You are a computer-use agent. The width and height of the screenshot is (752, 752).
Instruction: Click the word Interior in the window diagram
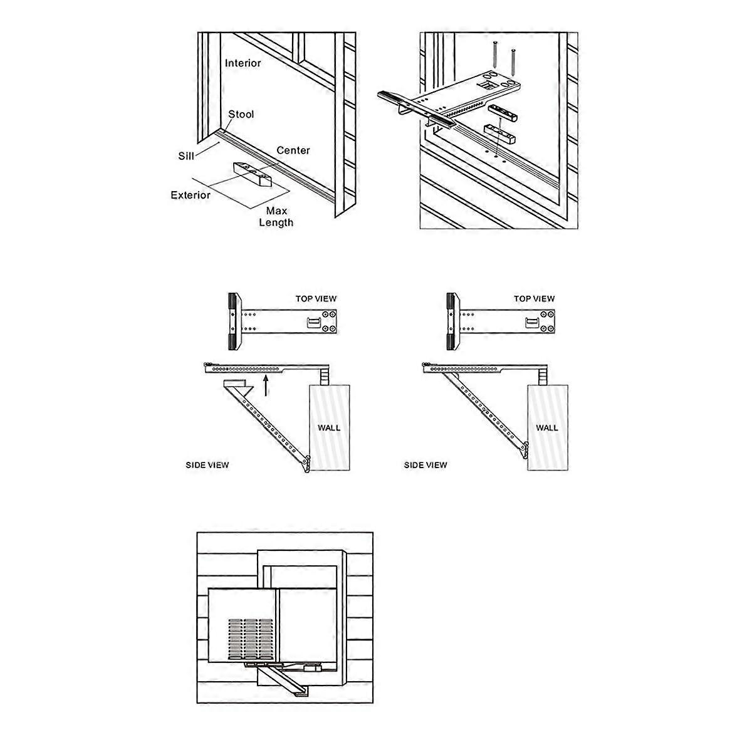click(243, 63)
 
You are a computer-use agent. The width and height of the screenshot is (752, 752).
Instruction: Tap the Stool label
click(241, 114)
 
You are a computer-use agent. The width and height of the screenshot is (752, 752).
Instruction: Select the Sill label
click(186, 155)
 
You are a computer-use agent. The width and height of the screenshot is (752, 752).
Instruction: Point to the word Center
click(293, 150)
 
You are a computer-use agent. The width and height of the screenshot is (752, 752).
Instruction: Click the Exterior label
click(191, 195)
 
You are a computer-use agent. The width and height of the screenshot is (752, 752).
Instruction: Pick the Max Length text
click(276, 217)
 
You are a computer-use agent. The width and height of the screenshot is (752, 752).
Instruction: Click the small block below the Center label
click(253, 175)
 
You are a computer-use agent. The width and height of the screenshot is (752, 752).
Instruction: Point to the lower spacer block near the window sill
click(499, 133)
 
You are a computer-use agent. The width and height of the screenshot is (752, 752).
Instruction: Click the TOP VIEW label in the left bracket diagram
click(316, 299)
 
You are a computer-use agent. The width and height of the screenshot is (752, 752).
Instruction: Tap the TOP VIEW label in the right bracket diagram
click(534, 299)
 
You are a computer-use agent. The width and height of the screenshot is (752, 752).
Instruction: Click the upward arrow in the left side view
click(267, 386)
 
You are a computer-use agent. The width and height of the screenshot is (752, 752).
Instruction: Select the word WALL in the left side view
click(329, 428)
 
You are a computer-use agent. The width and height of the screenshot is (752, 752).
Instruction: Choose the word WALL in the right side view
click(546, 428)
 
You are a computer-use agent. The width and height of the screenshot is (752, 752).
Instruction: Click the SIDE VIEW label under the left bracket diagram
click(207, 465)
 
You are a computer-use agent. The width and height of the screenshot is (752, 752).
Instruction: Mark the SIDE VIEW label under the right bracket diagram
click(426, 465)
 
